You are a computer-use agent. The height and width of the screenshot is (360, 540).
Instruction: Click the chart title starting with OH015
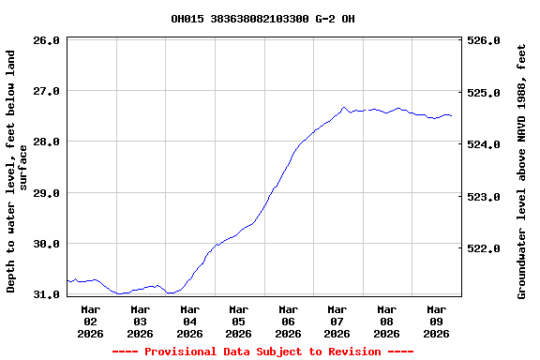tap(262, 19)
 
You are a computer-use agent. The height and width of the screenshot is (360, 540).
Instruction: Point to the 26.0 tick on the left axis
tap(47, 40)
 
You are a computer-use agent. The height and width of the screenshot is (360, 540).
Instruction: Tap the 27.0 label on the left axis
tap(47, 91)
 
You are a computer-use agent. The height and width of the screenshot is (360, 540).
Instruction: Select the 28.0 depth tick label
tap(47, 142)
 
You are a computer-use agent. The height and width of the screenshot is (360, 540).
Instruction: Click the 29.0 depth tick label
tap(47, 193)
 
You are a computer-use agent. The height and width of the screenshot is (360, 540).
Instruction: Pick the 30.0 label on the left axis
tap(47, 244)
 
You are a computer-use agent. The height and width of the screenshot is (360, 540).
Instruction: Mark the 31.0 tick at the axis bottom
tap(47, 294)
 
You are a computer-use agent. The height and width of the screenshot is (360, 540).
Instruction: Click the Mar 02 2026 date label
tap(91, 321)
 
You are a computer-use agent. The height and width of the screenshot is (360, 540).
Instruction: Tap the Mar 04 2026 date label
tap(189, 321)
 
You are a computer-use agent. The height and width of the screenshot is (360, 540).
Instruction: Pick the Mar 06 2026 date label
tap(288, 321)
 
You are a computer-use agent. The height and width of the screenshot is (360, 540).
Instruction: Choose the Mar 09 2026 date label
tap(436, 321)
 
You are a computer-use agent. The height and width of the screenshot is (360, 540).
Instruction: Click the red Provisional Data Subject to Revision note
tap(262, 352)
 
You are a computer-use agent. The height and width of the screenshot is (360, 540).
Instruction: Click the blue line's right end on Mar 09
tap(451, 115)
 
